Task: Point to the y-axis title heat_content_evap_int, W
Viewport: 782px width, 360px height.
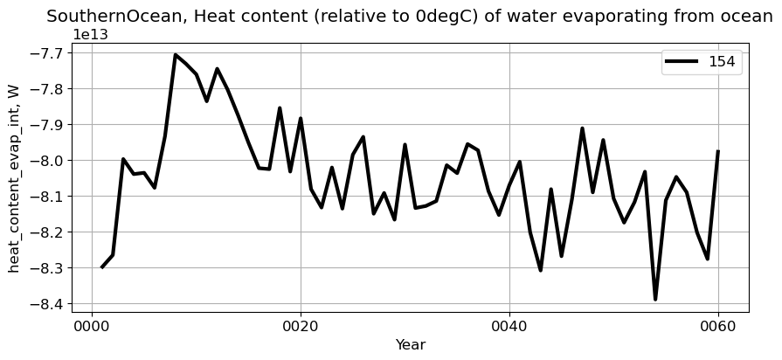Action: coord(14,178)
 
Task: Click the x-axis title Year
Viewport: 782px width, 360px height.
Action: coord(410,345)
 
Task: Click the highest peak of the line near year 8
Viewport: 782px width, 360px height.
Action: coord(176,55)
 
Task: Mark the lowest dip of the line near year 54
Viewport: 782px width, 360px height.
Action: coord(655,299)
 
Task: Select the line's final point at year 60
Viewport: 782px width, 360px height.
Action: coord(718,151)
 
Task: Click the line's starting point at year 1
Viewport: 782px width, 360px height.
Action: coord(102,267)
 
